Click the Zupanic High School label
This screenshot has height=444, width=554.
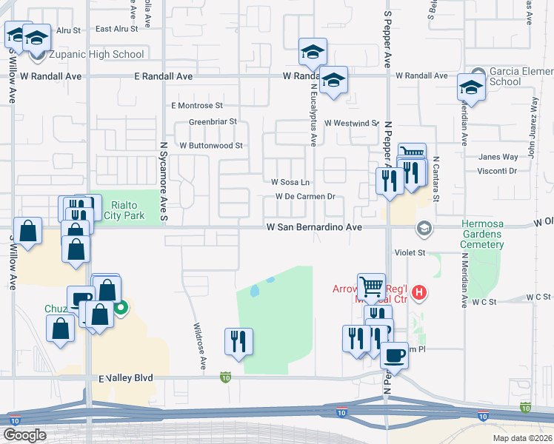[x=96, y=54]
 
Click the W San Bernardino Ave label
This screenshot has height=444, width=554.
[x=314, y=227]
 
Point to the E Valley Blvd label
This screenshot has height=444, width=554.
[x=126, y=377]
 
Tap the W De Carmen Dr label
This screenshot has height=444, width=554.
[x=306, y=197]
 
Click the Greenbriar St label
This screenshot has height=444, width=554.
[x=213, y=121]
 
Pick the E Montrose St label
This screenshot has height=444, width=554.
[x=196, y=106]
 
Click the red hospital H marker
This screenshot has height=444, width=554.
[x=420, y=292]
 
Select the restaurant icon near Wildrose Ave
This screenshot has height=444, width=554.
[x=238, y=341]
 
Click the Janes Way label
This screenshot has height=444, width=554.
[x=498, y=157]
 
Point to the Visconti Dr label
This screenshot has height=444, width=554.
[x=497, y=170]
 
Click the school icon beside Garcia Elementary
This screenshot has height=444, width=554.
[x=471, y=88]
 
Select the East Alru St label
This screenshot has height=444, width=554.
[x=116, y=29]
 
